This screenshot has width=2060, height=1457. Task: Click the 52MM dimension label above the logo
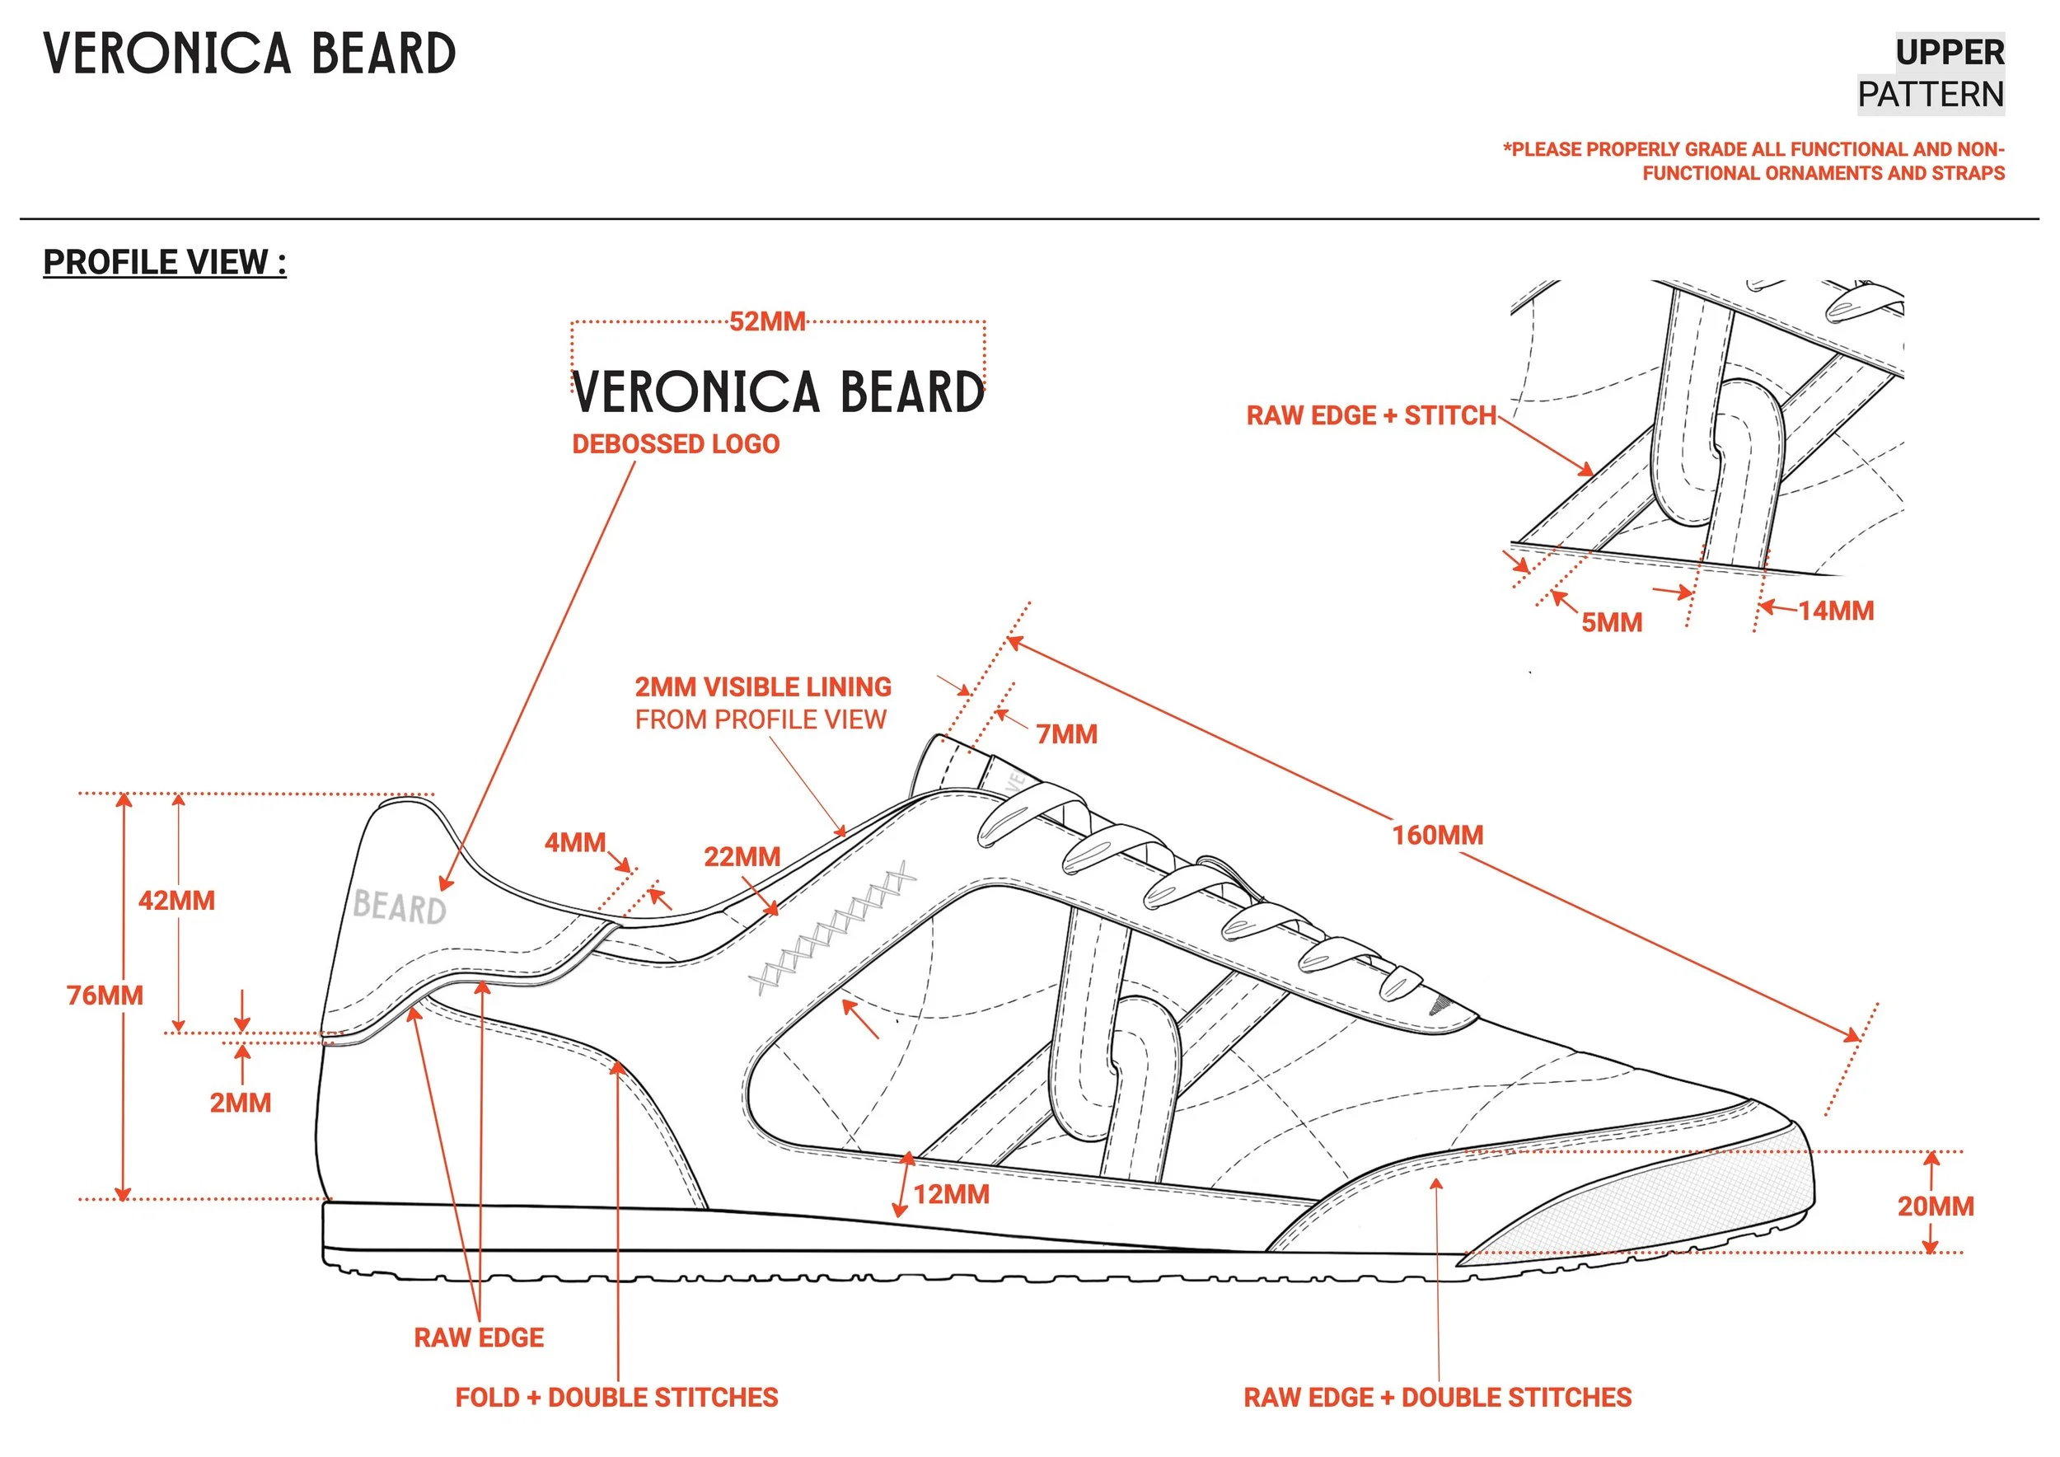[x=767, y=321]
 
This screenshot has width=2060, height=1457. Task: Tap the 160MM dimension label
[x=1437, y=836]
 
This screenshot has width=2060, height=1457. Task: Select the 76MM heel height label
[x=105, y=995]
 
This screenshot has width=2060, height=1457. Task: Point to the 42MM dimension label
[x=177, y=901]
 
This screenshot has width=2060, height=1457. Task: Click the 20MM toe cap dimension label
[x=1936, y=1206]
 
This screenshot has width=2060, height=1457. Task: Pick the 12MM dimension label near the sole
[x=951, y=1194]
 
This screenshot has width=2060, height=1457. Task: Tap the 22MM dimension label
[x=742, y=857]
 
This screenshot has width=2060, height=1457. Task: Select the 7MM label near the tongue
[x=1066, y=735]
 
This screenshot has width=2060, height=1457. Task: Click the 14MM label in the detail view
[x=1836, y=611]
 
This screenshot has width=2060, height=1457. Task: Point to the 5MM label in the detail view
[x=1612, y=623]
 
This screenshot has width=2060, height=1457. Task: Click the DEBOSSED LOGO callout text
[x=676, y=444]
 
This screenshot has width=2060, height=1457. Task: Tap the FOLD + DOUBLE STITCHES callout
[x=616, y=1397]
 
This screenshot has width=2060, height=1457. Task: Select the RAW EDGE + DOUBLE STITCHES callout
[x=1437, y=1397]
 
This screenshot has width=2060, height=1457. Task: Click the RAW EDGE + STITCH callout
[x=1371, y=415]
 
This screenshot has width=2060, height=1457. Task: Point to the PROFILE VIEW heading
[x=165, y=262]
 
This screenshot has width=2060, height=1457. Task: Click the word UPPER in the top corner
[x=1950, y=52]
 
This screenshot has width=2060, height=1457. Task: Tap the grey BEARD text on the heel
[x=400, y=907]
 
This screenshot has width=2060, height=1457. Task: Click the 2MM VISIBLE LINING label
[x=763, y=687]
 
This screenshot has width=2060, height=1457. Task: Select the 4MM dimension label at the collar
[x=575, y=842]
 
